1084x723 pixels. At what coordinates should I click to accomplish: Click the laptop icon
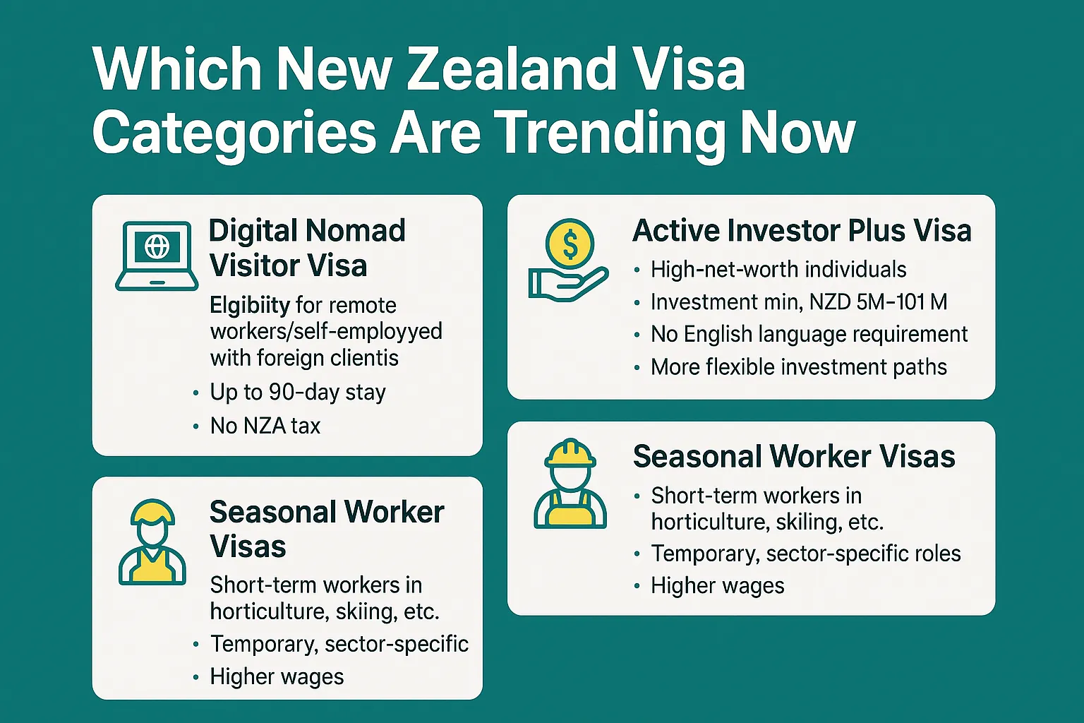point(157,256)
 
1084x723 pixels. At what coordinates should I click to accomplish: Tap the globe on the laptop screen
point(157,246)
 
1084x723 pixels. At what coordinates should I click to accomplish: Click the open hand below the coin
point(568,285)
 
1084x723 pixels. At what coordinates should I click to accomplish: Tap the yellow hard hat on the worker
point(570,454)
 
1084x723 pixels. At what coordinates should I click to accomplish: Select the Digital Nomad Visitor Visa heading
point(307,247)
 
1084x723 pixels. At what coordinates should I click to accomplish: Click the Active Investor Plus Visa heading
point(802,230)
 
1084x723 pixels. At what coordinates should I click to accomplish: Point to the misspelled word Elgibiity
point(250,306)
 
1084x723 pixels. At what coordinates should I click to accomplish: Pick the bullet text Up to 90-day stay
point(298,393)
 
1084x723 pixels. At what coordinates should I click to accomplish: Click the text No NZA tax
point(265,426)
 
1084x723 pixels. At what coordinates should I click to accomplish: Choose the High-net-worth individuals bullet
point(778,270)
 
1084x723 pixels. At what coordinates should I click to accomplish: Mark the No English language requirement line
point(809,334)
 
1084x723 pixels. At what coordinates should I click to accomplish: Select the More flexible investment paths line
point(798,367)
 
